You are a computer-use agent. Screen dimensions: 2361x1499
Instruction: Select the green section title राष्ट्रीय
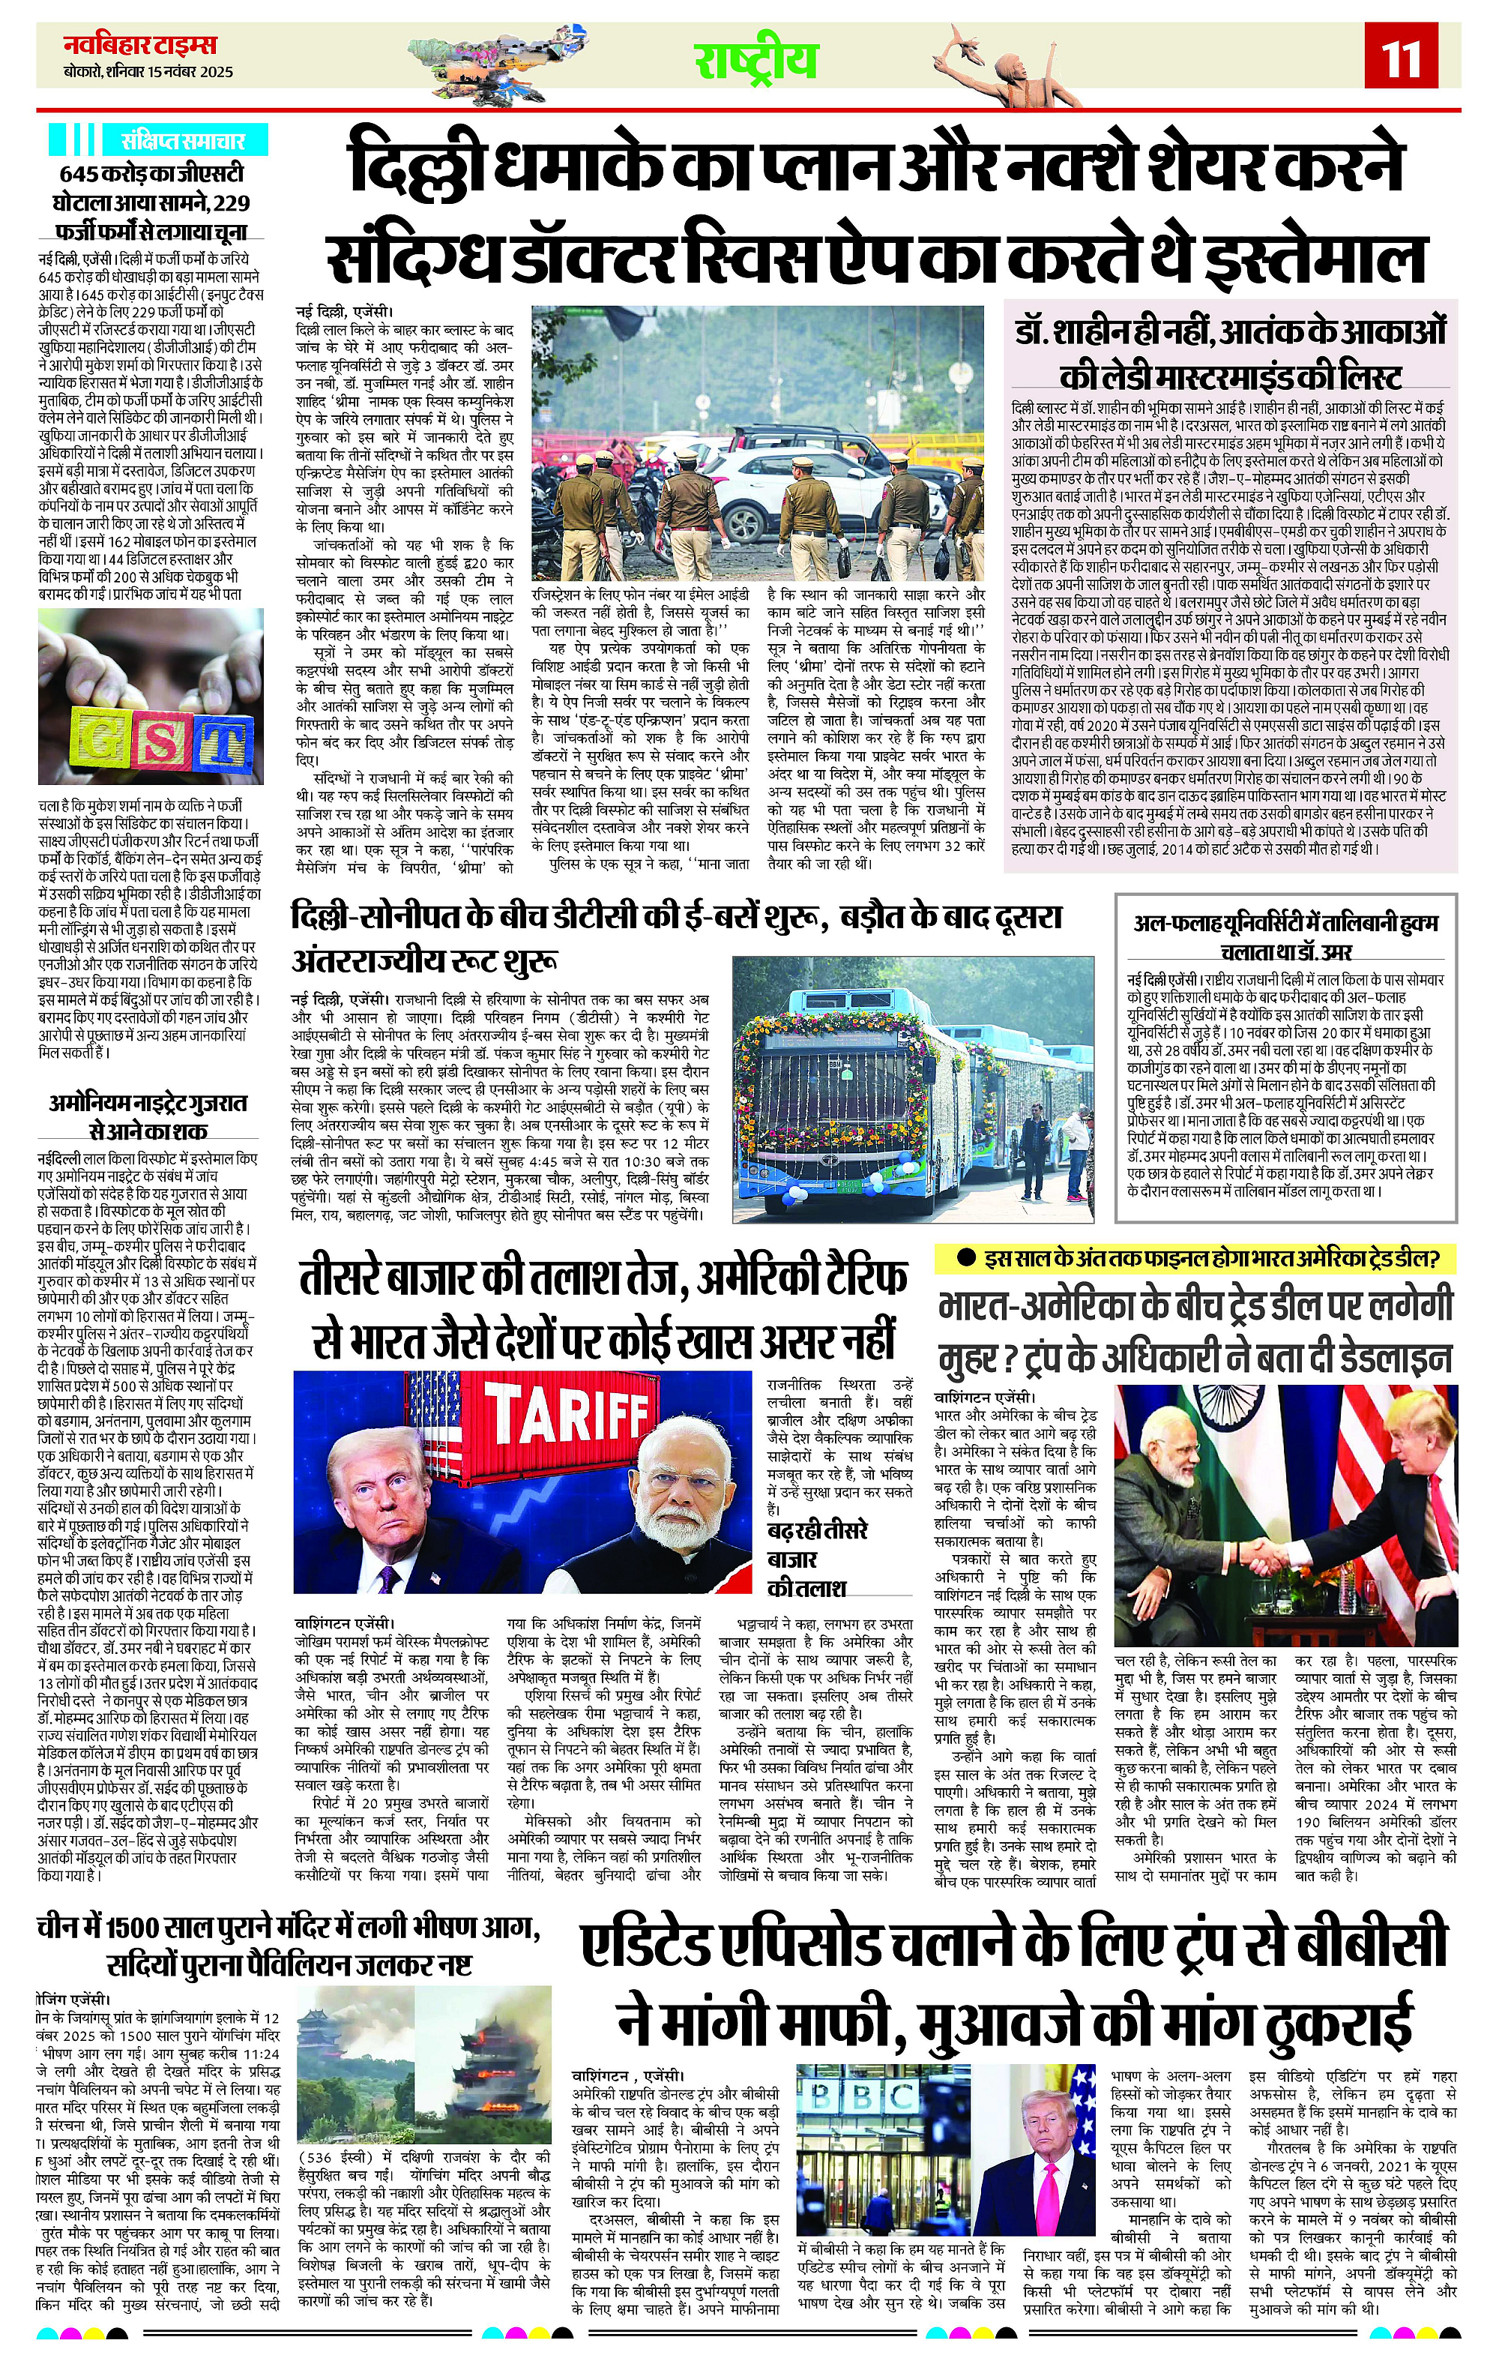(757, 60)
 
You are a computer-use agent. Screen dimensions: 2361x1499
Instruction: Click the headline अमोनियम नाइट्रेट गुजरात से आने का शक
(150, 1116)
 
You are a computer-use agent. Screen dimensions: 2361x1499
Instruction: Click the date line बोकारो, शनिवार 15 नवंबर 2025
(136, 73)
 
